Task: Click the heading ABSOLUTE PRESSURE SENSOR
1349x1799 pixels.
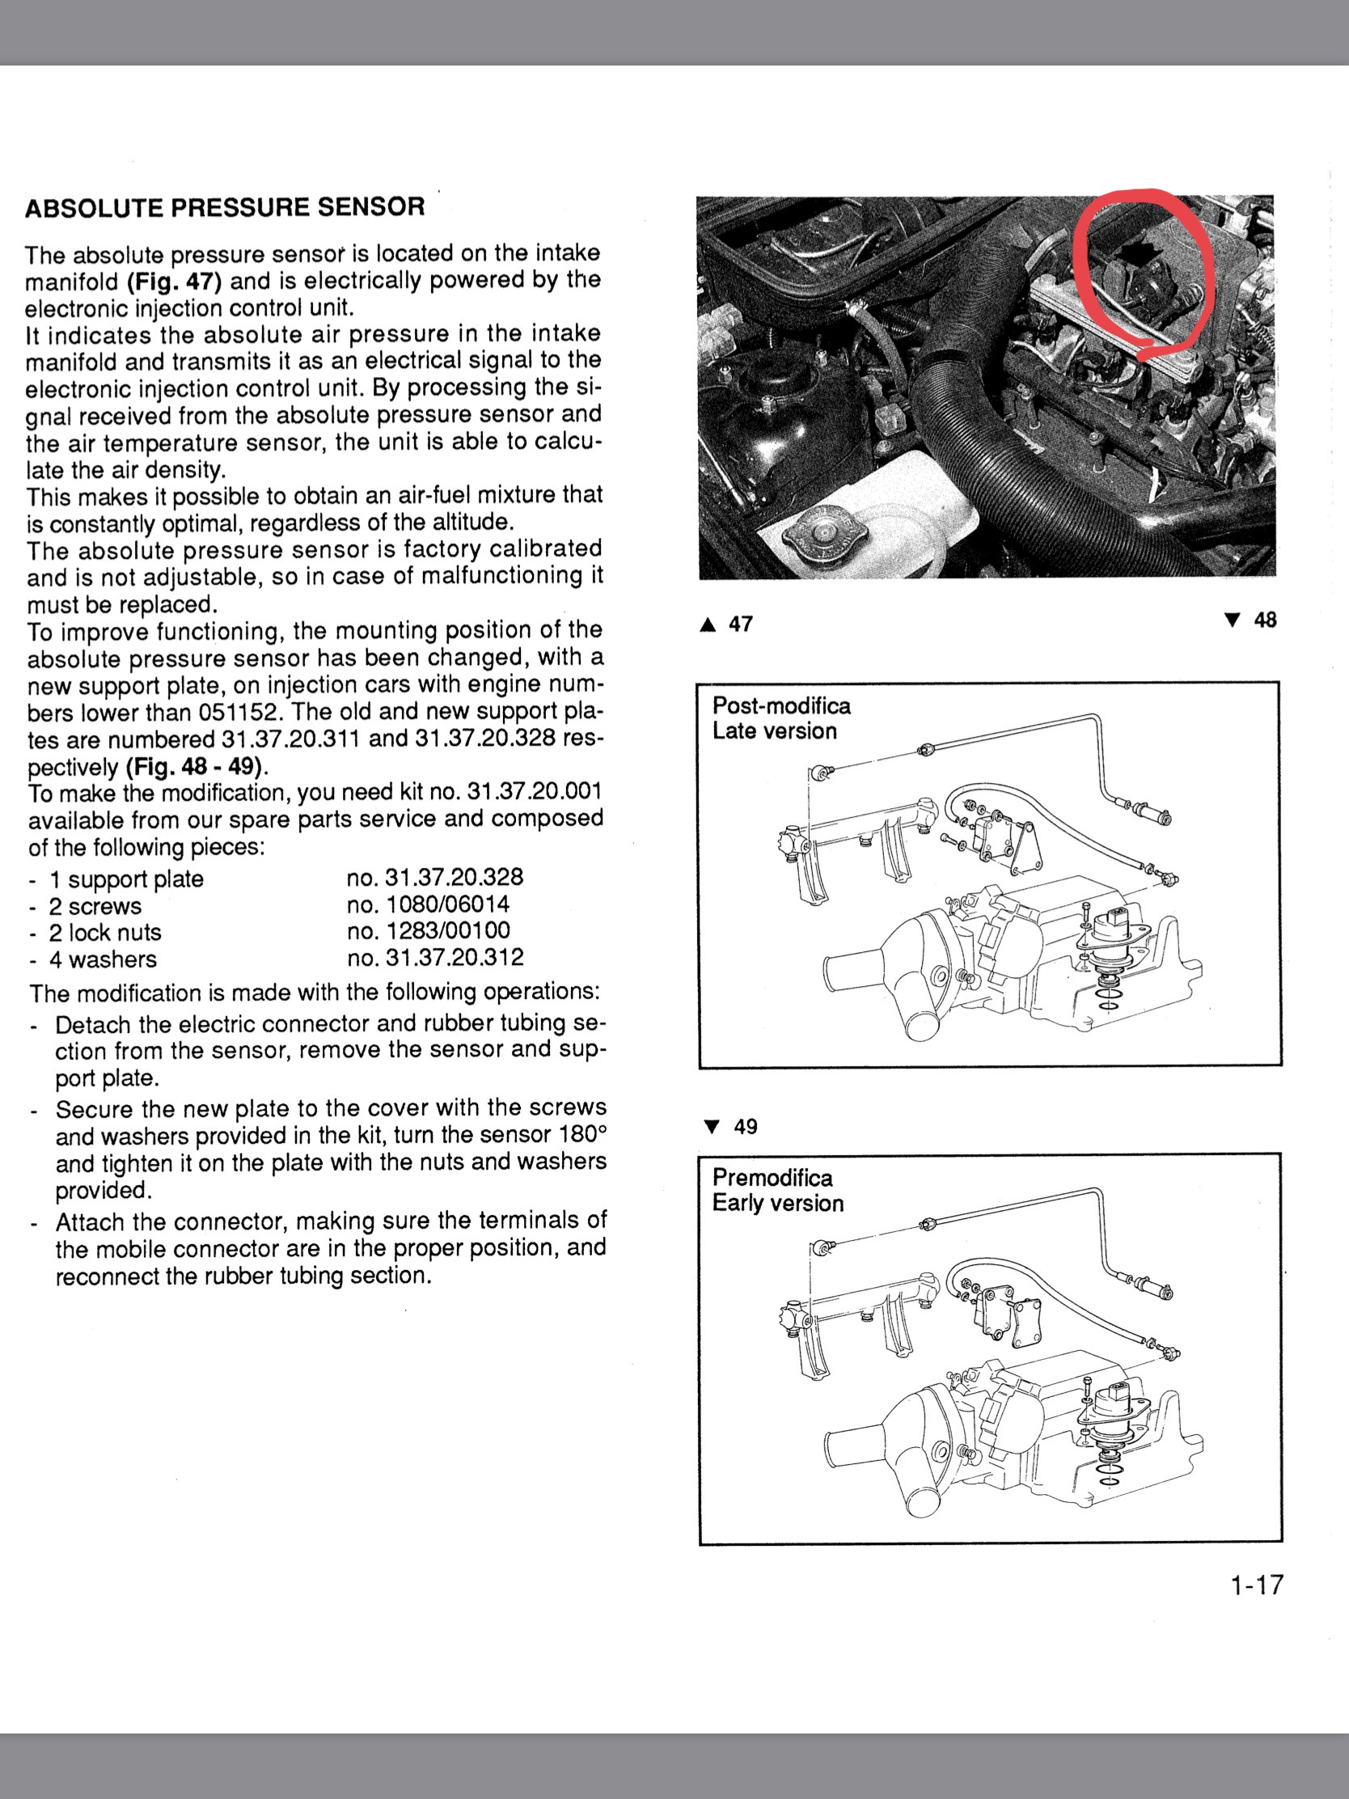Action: point(224,207)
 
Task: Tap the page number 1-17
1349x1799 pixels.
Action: point(1255,1585)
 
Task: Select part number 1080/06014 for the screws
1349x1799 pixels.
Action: point(428,904)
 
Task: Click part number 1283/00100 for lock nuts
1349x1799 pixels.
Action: point(429,931)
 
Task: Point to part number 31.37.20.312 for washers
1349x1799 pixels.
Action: point(435,958)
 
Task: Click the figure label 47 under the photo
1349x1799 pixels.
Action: point(740,624)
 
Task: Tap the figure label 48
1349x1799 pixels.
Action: point(1264,620)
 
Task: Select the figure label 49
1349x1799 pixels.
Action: point(745,1127)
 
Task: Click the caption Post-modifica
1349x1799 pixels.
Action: point(780,706)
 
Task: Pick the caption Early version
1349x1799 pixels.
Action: point(777,1203)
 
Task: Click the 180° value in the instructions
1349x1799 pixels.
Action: point(584,1135)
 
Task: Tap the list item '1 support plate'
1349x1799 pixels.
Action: point(126,879)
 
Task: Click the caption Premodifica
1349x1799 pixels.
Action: point(772,1178)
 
